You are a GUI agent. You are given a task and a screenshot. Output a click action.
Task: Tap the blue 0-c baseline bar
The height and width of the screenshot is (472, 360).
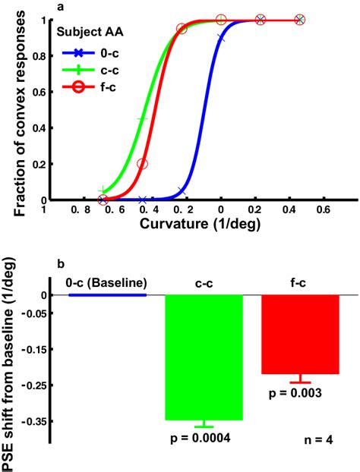pyautogui.click(x=107, y=294)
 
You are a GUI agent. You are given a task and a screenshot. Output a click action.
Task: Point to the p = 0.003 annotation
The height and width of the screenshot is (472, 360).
pyautogui.click(x=300, y=392)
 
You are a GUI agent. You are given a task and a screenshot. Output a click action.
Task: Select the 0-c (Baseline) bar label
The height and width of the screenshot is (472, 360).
pyautogui.click(x=106, y=282)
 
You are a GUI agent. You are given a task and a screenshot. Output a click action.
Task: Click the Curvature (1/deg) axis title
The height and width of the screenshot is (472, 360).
pyautogui.click(x=186, y=225)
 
